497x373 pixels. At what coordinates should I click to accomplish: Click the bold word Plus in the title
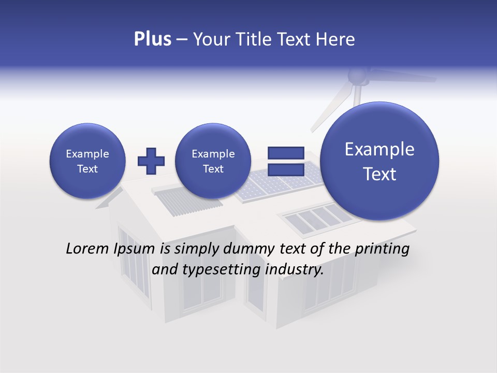(152, 39)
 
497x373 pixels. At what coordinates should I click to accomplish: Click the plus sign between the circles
(151, 161)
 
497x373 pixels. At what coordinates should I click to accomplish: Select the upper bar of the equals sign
(286, 153)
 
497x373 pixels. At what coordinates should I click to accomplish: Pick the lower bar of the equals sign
(286, 170)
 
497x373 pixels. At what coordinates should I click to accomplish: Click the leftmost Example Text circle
(87, 161)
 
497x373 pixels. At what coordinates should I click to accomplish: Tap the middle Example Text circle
(213, 161)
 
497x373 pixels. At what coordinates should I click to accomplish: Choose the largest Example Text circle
(379, 161)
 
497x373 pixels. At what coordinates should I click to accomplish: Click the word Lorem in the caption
(87, 249)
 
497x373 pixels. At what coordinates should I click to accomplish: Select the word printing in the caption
(382, 249)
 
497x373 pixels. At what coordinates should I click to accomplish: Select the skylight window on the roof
(314, 218)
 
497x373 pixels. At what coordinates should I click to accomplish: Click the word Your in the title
(211, 39)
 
